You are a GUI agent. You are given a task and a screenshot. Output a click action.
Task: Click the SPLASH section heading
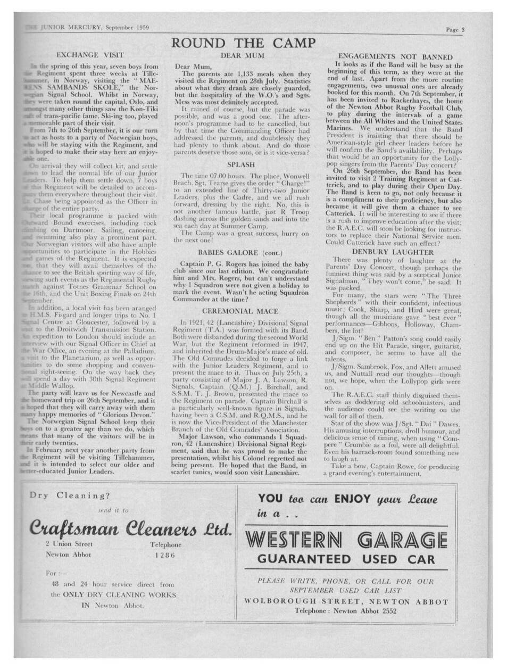(x=240, y=164)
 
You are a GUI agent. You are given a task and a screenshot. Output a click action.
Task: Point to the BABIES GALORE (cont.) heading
(x=242, y=251)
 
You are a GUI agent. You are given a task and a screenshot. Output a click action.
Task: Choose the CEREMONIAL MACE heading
(x=241, y=310)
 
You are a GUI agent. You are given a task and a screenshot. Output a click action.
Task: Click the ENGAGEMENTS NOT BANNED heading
(x=396, y=56)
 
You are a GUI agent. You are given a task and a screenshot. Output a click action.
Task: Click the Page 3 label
(x=455, y=30)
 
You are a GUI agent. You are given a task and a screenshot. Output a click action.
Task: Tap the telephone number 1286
(x=167, y=555)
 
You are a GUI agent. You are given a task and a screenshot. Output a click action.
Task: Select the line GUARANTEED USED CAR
(x=346, y=559)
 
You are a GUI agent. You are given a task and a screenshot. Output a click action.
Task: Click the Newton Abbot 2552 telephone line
(x=346, y=611)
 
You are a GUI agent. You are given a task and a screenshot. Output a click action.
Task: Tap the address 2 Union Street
(x=70, y=544)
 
